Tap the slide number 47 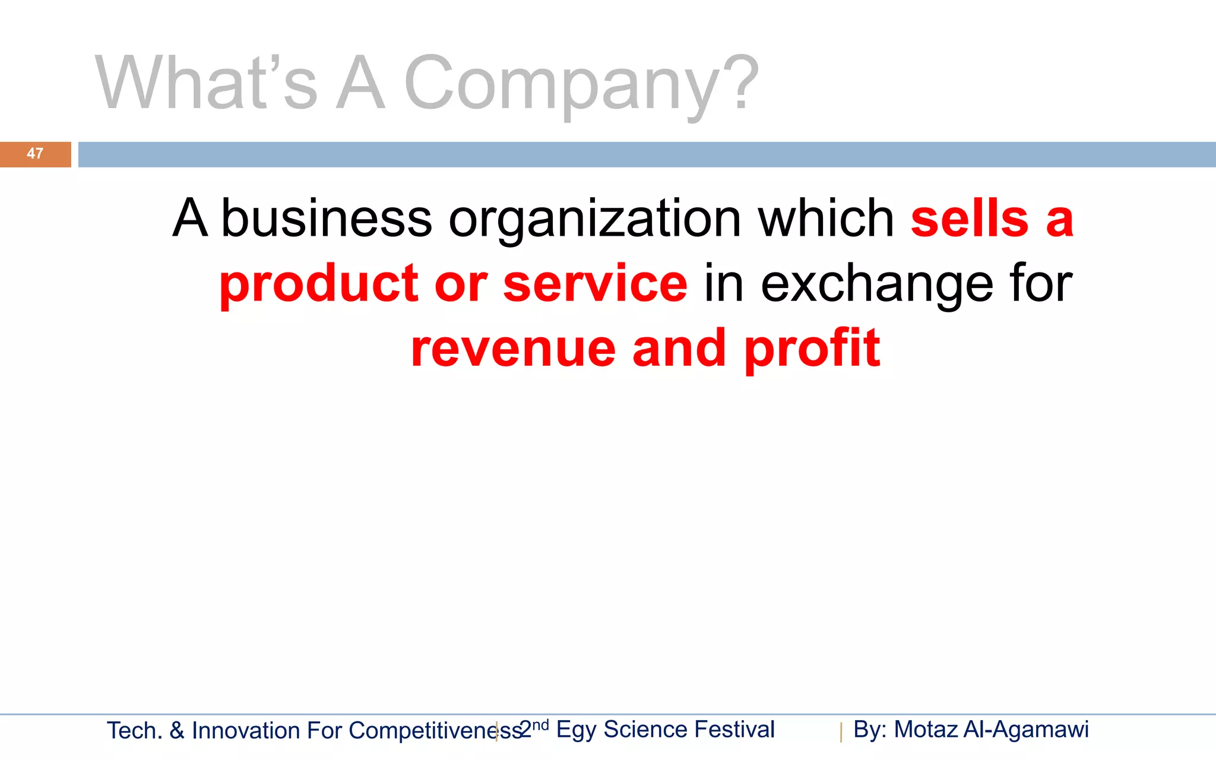click(x=35, y=154)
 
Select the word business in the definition click(x=327, y=218)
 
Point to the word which click(x=826, y=218)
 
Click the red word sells click(x=970, y=218)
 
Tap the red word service click(x=596, y=283)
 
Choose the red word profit click(x=812, y=349)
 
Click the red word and click(x=679, y=349)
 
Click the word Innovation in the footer click(x=246, y=731)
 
